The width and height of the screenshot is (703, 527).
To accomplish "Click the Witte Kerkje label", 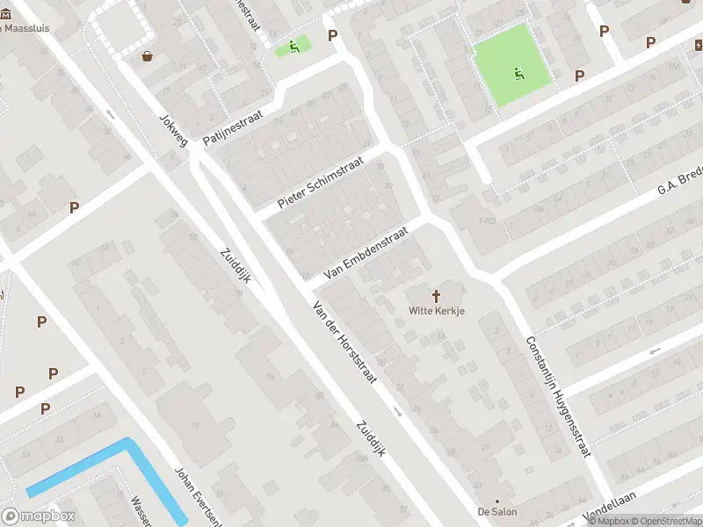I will (x=437, y=311).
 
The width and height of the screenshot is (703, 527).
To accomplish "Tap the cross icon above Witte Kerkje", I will (x=437, y=296).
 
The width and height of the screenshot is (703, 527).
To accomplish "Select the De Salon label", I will (x=497, y=511).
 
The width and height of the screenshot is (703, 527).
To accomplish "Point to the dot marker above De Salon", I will (x=497, y=500).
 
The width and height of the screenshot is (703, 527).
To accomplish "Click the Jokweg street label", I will (x=173, y=129).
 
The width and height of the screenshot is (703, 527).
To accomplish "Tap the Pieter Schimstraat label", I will (x=320, y=184).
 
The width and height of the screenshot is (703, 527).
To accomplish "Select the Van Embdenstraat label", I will (x=366, y=253).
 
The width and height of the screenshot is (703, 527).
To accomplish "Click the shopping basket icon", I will (x=148, y=57).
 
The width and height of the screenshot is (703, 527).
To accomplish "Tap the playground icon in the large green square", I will (x=518, y=74).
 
